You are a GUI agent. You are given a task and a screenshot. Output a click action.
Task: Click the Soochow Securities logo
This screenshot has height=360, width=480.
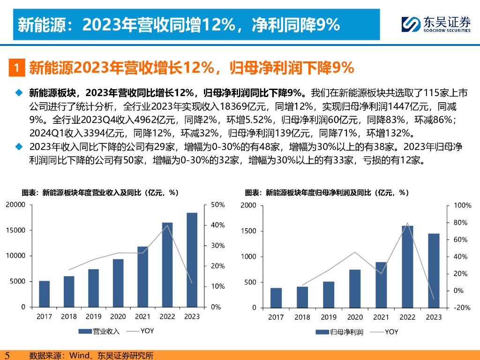pos(435,24)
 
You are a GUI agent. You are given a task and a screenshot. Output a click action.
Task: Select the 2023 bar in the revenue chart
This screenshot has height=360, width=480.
pos(192,260)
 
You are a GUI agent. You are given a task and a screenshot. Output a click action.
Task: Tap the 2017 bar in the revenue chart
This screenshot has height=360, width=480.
pos(44,294)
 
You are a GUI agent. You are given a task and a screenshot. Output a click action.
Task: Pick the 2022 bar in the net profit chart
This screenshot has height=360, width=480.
pos(407,267)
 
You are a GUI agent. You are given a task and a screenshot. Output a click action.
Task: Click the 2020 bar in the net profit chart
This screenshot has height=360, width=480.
pos(355,289)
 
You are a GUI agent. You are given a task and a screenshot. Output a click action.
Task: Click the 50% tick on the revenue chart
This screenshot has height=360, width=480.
pos(217,205)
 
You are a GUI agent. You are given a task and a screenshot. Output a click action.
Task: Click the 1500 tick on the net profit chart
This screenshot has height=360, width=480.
pos(248,231)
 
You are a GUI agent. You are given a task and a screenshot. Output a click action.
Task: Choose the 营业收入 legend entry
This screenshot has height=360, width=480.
pos(99,331)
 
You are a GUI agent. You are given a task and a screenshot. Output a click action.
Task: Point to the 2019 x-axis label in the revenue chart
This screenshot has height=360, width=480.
pos(93,316)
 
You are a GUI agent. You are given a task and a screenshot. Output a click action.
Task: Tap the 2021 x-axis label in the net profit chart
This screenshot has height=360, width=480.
pos(381,317)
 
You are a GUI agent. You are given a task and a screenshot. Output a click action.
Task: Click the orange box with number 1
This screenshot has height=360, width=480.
pos(16,68)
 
